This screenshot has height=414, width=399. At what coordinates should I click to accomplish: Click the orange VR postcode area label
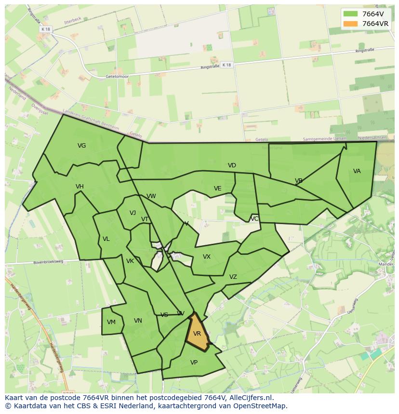pos(197,334)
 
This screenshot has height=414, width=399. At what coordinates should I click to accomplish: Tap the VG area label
pos(81,146)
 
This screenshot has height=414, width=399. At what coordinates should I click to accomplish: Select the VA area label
pos(357,171)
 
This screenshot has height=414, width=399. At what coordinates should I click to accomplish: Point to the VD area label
pos(232,165)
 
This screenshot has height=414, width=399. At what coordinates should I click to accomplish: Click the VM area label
pos(111,322)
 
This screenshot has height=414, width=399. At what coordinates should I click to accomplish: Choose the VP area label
pos(194,363)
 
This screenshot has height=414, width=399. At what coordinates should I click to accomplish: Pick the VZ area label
pos(233,277)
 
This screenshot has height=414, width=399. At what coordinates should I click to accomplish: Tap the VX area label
pos(206,257)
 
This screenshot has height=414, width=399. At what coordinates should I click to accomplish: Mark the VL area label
pos(106,239)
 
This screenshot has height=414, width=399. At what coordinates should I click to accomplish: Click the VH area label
pos(80,187)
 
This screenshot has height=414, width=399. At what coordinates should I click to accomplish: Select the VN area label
pos(138,321)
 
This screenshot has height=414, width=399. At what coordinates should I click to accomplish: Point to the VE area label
pos(217,188)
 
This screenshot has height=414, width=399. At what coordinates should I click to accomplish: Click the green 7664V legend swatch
pos(350,14)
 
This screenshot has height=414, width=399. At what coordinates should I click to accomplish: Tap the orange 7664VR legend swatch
pos(350,24)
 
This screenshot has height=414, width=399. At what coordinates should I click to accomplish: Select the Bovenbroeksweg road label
pos(48,263)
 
